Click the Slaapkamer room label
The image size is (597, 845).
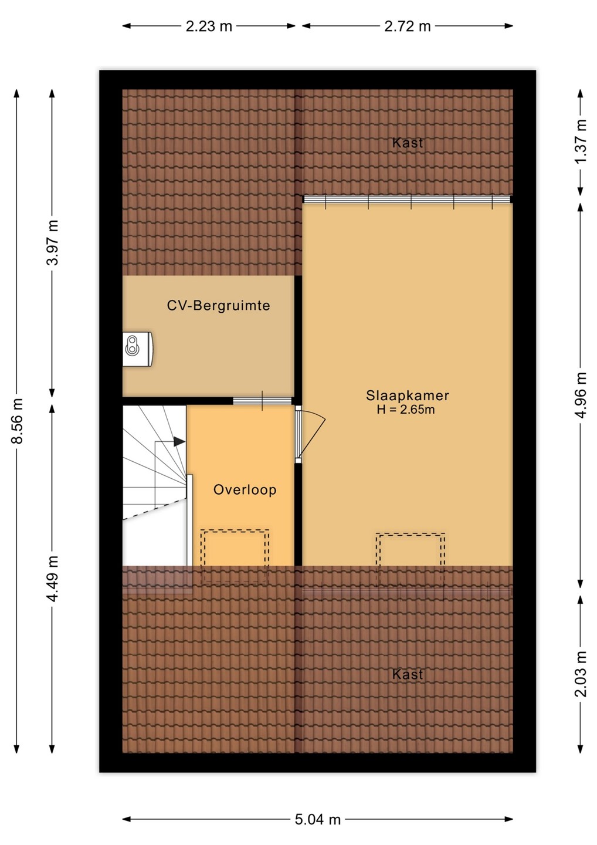(408, 396)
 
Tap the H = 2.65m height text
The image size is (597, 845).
(406, 410)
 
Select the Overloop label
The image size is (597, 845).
(245, 489)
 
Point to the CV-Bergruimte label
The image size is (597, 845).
(219, 305)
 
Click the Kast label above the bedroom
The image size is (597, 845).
(408, 143)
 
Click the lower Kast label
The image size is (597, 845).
(408, 674)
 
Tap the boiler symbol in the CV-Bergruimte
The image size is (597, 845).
(138, 349)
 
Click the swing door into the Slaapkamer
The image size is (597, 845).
(310, 434)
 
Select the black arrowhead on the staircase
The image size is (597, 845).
(179, 441)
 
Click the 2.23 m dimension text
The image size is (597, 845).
(209, 26)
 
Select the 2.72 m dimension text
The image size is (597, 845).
(408, 26)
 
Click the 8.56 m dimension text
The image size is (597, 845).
(17, 421)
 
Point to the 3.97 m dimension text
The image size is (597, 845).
(52, 242)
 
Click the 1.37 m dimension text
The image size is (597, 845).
(581, 141)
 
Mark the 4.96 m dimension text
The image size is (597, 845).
(581, 395)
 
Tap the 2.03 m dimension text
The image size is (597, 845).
(581, 674)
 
